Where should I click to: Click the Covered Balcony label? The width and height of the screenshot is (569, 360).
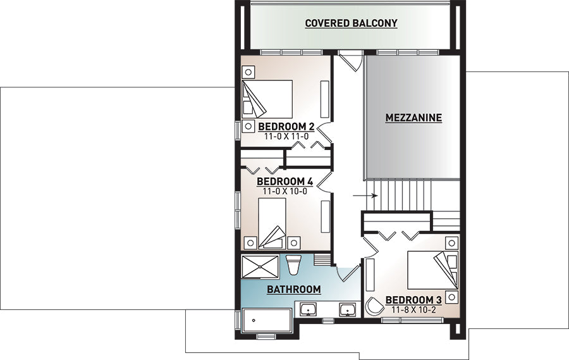[351, 23]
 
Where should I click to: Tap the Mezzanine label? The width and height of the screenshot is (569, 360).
[413, 118]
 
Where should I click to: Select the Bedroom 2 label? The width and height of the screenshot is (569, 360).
[286, 127]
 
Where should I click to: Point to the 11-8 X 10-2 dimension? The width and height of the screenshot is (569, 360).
[413, 310]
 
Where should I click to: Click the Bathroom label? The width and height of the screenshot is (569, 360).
[294, 290]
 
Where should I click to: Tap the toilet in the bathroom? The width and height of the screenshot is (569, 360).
[293, 264]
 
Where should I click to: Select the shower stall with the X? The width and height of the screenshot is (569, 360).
[260, 267]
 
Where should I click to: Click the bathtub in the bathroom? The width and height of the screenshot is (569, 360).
[267, 320]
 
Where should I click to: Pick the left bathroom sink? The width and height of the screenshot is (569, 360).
[309, 310]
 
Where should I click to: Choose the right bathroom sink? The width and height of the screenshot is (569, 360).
[348, 310]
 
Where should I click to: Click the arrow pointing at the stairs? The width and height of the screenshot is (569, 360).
[365, 196]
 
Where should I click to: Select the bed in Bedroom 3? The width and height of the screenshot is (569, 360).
[432, 270]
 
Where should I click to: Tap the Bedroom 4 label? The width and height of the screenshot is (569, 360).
[285, 182]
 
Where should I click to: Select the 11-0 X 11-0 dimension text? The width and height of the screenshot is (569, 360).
[286, 137]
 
